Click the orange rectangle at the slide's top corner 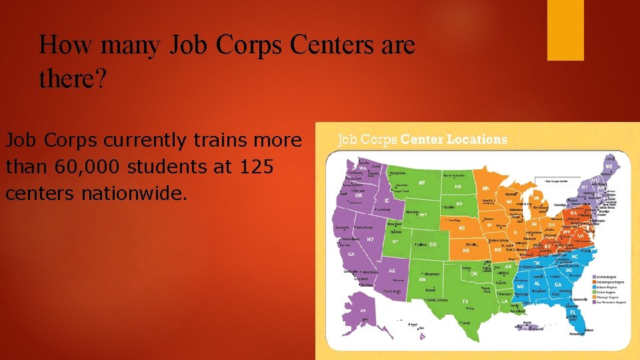[565, 30]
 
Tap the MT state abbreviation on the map [422, 182]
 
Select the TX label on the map [465, 301]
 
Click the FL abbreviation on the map [572, 311]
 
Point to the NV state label [370, 239]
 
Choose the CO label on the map [433, 245]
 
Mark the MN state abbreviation [485, 189]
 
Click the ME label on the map [609, 165]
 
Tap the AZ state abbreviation [392, 271]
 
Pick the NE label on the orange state [461, 227]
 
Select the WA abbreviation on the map [353, 168]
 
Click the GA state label [557, 284]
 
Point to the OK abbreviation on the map [474, 273]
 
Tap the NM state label [422, 280]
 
